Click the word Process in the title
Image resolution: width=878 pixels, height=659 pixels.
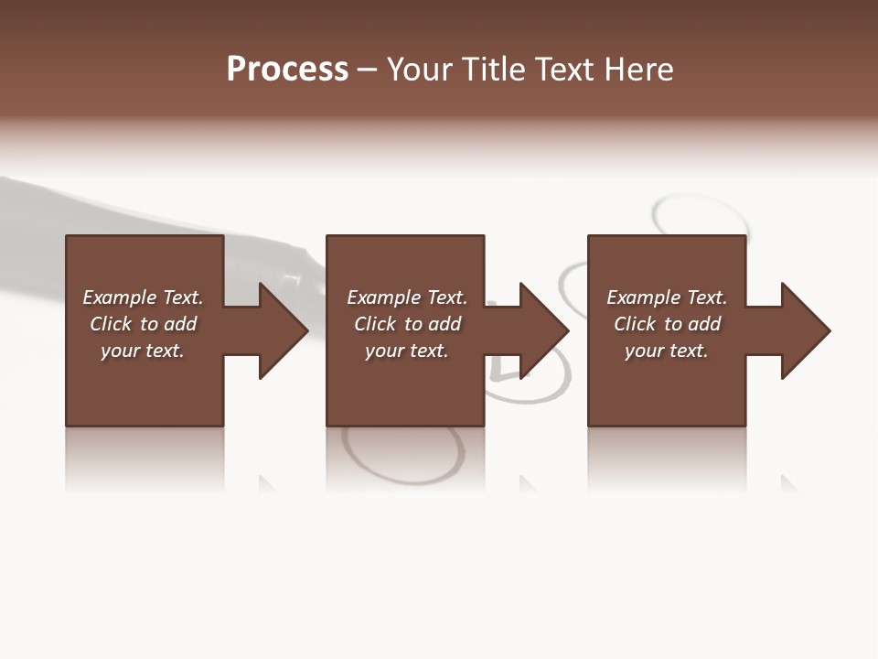287,70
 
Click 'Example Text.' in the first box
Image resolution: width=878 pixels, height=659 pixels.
143,297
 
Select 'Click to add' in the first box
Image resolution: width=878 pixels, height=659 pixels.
143,324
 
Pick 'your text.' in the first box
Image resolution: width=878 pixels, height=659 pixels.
143,351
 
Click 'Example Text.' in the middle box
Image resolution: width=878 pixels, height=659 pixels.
406,297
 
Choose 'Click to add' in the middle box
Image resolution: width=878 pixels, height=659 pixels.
406,324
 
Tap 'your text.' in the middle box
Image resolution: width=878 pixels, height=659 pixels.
406,351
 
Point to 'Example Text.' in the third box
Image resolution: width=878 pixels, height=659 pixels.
667,297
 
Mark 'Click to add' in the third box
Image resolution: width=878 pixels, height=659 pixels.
667,324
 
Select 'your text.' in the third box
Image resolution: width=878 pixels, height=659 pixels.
667,351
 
